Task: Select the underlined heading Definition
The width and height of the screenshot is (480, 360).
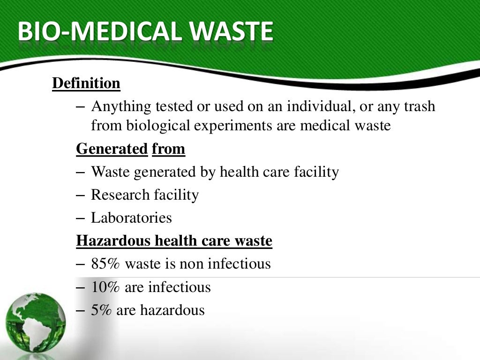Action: point(86,83)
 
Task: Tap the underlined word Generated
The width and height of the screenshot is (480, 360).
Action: point(112,149)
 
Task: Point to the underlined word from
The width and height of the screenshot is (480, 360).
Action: point(168,149)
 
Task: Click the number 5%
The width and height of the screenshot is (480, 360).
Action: point(101,310)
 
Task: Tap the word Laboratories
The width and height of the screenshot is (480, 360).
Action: point(131,218)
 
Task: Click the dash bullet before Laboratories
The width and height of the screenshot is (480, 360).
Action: point(81,218)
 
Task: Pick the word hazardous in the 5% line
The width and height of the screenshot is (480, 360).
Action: point(175,310)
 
